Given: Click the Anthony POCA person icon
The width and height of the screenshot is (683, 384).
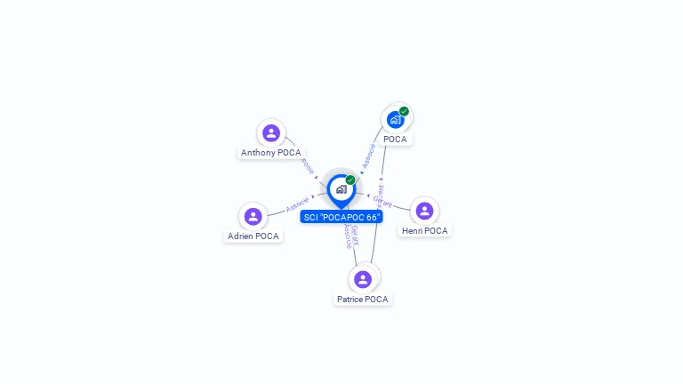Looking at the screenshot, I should tap(271, 133).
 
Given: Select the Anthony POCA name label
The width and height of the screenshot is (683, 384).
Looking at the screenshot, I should tap(271, 153).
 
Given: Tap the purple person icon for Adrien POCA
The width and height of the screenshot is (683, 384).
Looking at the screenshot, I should tap(253, 216).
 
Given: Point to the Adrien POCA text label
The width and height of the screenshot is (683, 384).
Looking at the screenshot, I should tap(253, 236).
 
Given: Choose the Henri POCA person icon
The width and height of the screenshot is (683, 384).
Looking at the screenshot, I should tap(424, 211).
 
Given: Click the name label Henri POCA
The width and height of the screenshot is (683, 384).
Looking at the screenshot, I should tap(425, 231).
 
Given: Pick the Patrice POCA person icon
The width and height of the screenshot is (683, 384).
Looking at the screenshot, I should tap(363, 279).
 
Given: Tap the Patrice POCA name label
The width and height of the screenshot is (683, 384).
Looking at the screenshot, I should tap(363, 300).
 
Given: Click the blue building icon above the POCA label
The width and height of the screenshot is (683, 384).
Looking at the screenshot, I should tap(395, 120).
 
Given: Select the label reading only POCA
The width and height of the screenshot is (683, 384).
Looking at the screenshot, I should tap(395, 140).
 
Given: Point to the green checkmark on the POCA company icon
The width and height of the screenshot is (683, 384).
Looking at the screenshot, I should tap(404, 112).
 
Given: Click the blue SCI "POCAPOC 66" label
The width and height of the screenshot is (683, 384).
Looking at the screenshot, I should tap(341, 217).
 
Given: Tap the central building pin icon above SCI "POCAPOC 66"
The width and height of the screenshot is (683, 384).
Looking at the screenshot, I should tap(341, 188).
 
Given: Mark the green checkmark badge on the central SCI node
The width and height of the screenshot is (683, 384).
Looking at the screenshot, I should tap(350, 180).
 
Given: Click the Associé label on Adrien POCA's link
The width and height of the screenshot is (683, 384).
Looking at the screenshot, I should tap(297, 204).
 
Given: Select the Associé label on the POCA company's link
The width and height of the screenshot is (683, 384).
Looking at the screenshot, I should tap(368, 156).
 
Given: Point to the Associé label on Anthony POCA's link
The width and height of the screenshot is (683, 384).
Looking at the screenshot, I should tap(307, 165).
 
